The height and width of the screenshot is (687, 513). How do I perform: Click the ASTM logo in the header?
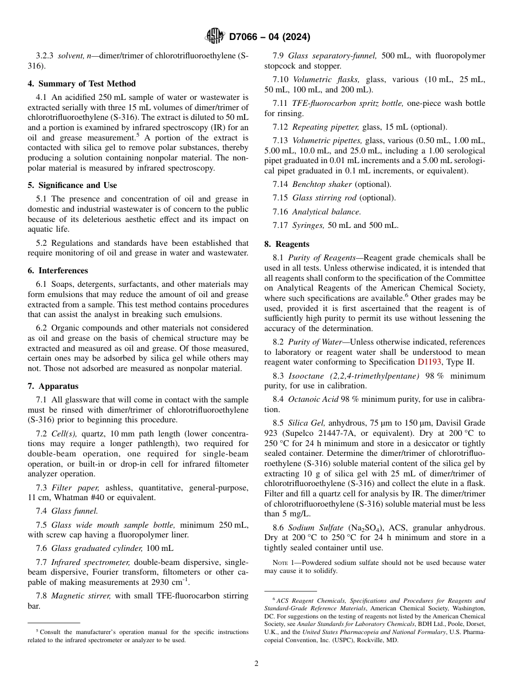pos(215,37)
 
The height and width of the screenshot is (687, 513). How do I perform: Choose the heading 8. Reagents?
pos(287,244)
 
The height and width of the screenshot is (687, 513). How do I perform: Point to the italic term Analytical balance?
pos(326,212)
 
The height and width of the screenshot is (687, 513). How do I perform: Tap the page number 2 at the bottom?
pos(256,664)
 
